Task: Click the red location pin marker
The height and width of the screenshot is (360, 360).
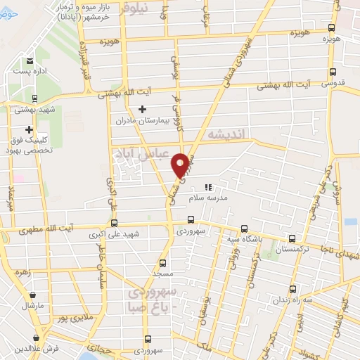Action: click(180, 164)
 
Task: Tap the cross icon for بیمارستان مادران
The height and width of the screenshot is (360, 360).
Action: click(143, 109)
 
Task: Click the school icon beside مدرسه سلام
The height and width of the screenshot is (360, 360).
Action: click(207, 187)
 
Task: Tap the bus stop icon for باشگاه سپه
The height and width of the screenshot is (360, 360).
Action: click(244, 228)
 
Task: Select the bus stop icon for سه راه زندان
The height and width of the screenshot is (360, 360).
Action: click(292, 289)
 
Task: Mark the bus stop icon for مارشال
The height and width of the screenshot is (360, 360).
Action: click(32, 295)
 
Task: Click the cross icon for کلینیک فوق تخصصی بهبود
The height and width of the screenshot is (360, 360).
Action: click(29, 129)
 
